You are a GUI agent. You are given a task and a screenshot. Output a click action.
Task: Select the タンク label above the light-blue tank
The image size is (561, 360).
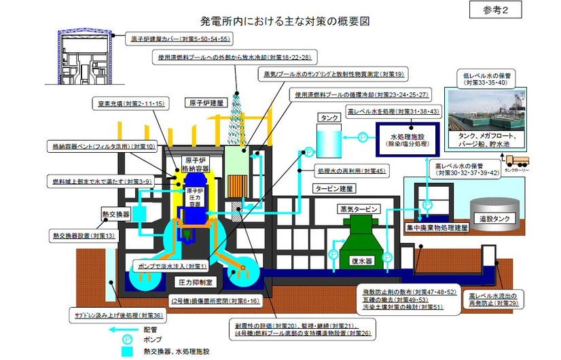[329, 118]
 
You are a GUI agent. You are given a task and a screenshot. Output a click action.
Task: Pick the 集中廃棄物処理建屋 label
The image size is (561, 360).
[437, 229]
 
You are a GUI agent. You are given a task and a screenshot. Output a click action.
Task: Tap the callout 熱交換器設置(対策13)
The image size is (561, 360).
[84, 236]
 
